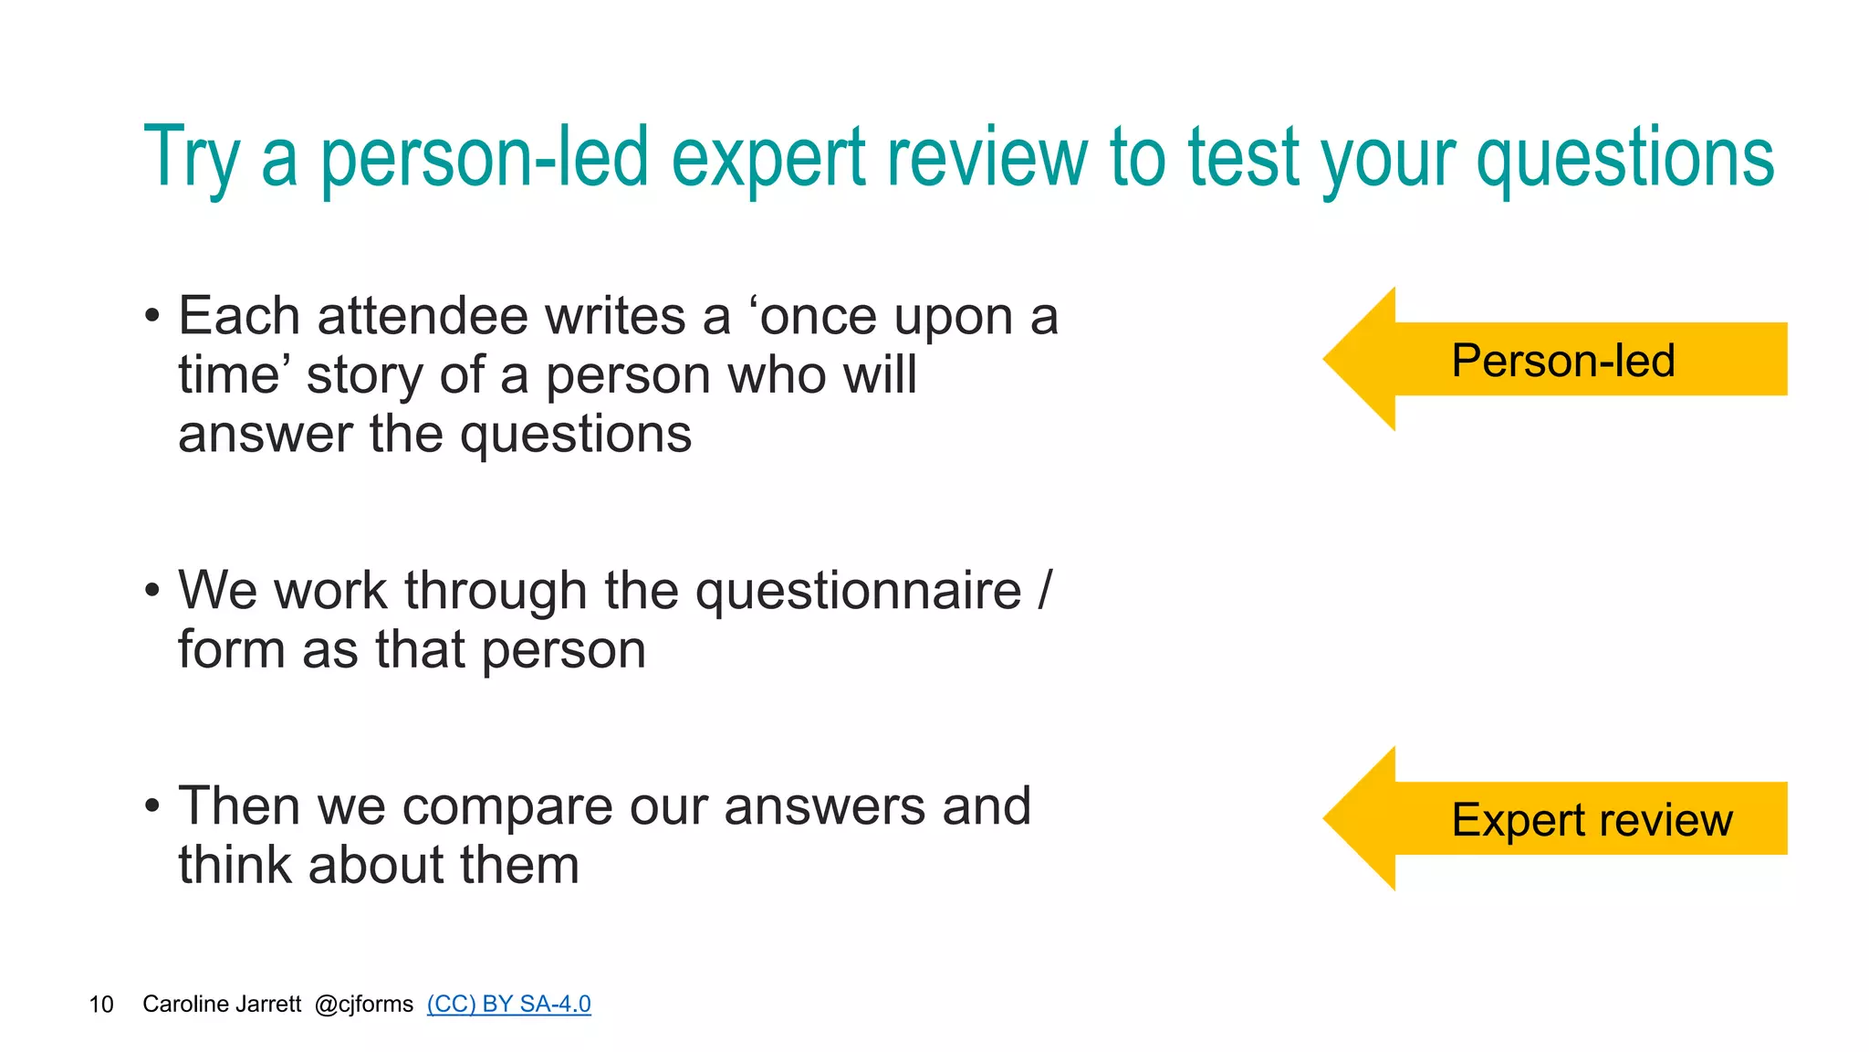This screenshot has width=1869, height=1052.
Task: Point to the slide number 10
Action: click(x=101, y=1005)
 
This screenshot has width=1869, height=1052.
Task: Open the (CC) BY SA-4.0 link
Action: click(x=508, y=1004)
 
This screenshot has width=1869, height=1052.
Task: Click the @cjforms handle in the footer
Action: click(x=363, y=1005)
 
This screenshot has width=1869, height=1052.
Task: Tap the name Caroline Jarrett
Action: click(x=222, y=1005)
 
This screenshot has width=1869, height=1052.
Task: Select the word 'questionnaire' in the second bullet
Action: click(x=858, y=591)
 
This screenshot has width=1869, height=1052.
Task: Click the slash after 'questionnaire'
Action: click(x=1045, y=591)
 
